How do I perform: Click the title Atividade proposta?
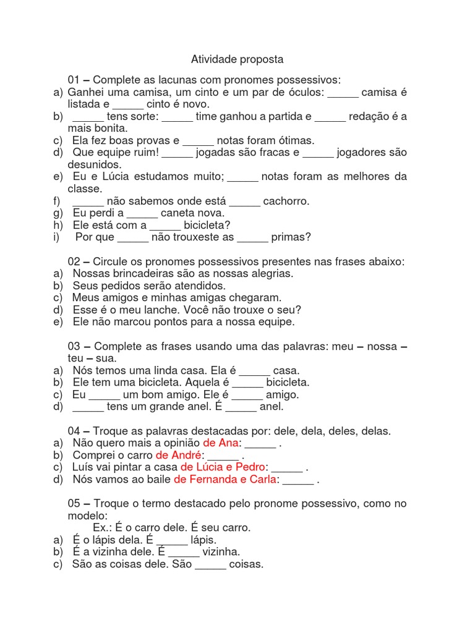pyautogui.click(x=237, y=59)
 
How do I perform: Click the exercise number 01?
pyautogui.click(x=74, y=80)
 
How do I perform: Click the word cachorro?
pyautogui.click(x=286, y=201)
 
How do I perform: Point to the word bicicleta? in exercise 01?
pyautogui.click(x=207, y=225)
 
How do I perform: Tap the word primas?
pyautogui.click(x=291, y=237)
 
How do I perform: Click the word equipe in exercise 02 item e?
pyautogui.click(x=275, y=321)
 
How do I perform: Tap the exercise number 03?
pyautogui.click(x=74, y=346)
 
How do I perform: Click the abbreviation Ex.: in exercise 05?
pyautogui.click(x=103, y=528)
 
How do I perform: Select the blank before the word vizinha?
pyautogui.click(x=184, y=552)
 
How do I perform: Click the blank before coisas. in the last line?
pyautogui.click(x=211, y=564)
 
